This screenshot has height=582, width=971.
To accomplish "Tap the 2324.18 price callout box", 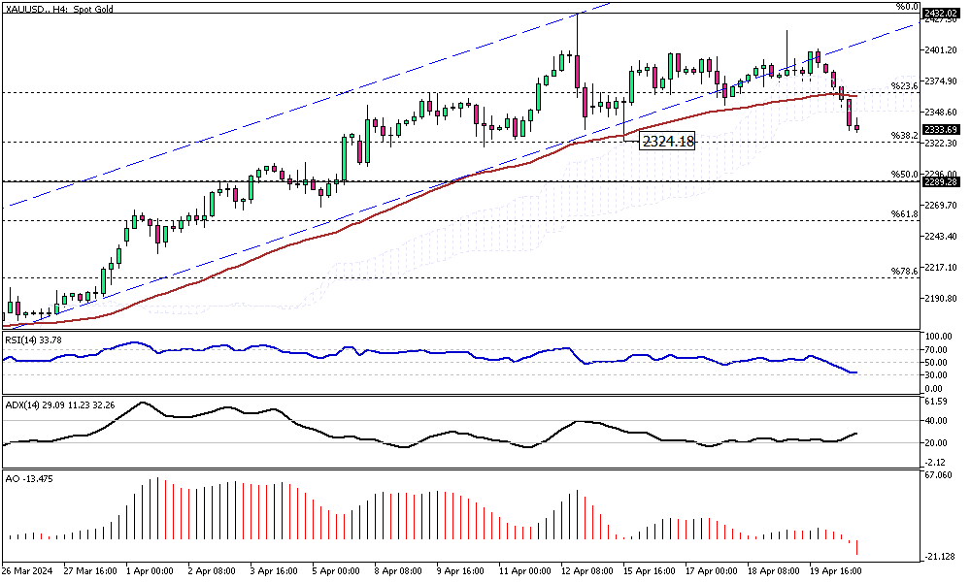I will [x=667, y=142].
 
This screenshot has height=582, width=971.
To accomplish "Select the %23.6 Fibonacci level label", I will [x=905, y=85].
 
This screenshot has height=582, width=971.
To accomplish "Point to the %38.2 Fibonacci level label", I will [x=905, y=135].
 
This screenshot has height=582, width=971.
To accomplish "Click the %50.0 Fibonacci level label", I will [x=905, y=175].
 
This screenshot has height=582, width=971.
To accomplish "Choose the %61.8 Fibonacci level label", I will [x=905, y=213].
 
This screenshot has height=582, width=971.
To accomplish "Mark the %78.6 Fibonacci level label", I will [x=905, y=271].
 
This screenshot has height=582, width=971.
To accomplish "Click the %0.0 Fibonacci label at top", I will [x=907, y=7].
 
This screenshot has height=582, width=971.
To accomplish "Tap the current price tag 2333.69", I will [x=940, y=129].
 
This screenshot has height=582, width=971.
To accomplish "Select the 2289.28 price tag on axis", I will [x=940, y=181].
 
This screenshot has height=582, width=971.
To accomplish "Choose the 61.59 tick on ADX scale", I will [x=936, y=400].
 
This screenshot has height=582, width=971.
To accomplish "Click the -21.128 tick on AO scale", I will [x=938, y=556].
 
